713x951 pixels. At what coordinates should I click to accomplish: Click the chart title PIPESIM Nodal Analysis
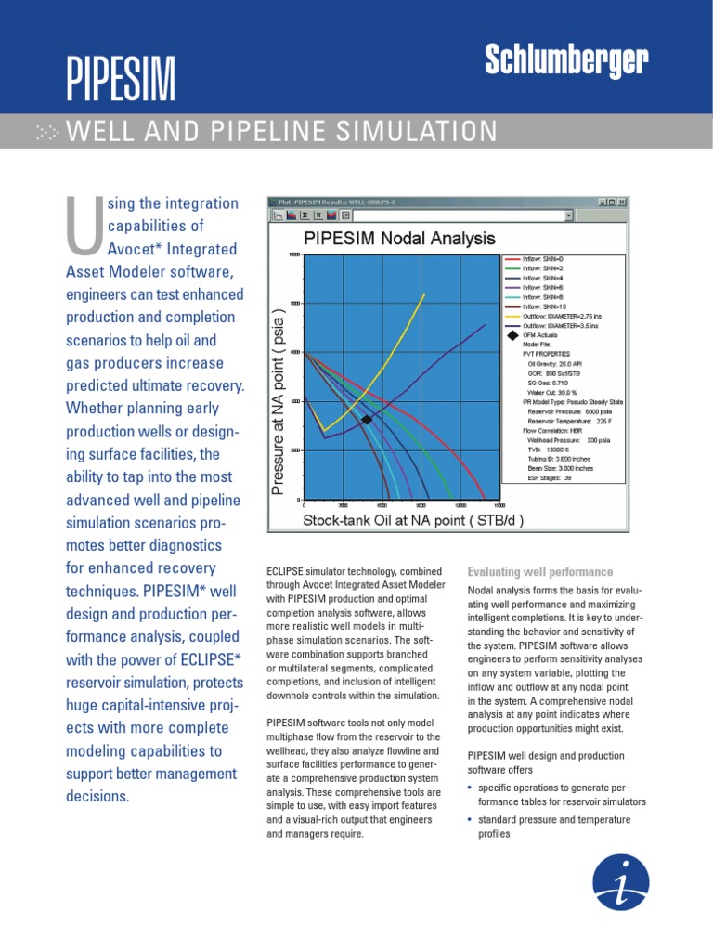(x=399, y=239)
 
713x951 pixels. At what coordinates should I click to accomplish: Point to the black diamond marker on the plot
(x=367, y=420)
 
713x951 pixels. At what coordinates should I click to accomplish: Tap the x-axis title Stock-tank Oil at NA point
(x=413, y=520)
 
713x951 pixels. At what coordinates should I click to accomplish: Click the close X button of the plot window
(x=622, y=202)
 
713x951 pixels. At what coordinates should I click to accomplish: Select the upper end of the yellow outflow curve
(x=424, y=295)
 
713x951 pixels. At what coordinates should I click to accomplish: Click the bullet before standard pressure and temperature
(x=471, y=820)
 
